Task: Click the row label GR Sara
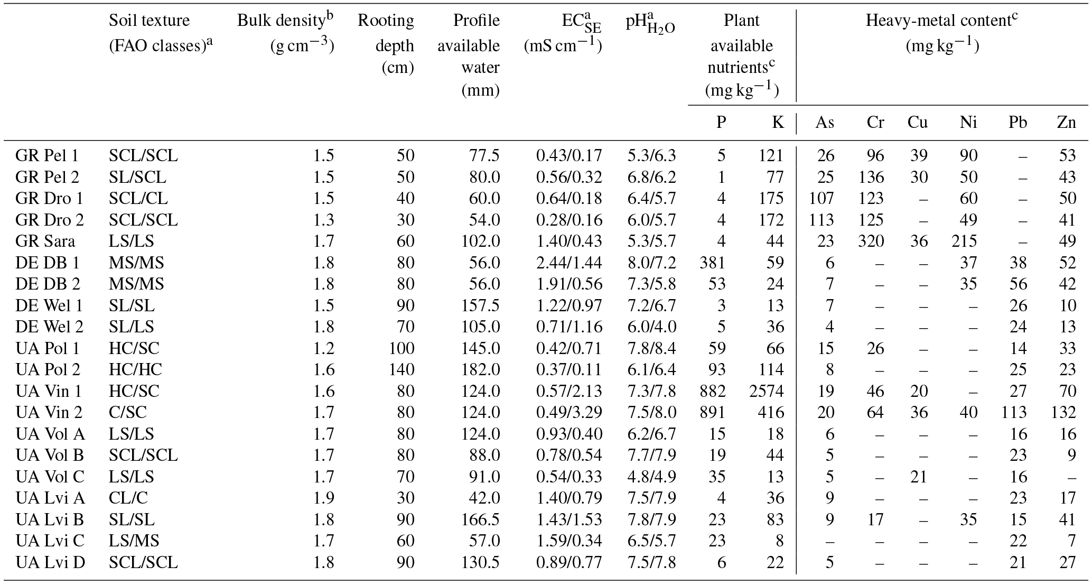coord(45,242)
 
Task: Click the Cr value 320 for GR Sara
coord(871,242)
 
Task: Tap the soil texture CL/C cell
coord(128,498)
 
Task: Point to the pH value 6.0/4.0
coord(651,327)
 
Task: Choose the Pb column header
coord(1018,123)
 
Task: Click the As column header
coord(825,123)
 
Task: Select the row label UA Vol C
coord(50,477)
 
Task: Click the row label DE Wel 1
coord(50,305)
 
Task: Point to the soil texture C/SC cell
coord(128,412)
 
